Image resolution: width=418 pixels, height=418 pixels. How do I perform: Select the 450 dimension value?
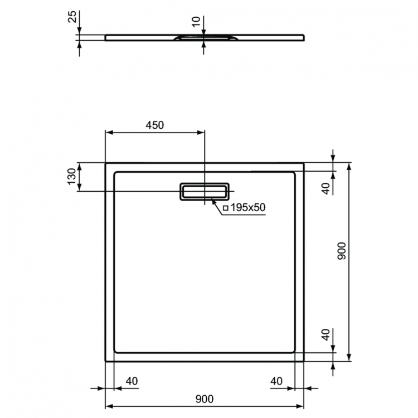pyautogui.click(x=154, y=125)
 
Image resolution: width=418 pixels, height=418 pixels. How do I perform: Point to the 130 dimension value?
pyautogui.click(x=72, y=176)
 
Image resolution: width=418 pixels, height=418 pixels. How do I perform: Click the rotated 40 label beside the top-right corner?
pyautogui.click(x=326, y=184)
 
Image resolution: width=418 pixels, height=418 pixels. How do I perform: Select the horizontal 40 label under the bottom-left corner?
pyautogui.click(x=132, y=381)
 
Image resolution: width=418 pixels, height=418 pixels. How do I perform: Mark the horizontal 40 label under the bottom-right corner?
pyautogui.click(x=276, y=381)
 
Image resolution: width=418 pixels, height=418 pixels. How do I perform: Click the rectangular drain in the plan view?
pyautogui.click(x=203, y=191)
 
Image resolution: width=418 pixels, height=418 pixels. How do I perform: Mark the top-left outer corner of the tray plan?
pyautogui.click(x=106, y=163)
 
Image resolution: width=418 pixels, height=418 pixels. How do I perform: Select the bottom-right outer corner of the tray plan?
pyautogui.click(x=304, y=361)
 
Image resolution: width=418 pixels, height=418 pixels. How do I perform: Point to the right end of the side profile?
pyautogui.click(x=305, y=37)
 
